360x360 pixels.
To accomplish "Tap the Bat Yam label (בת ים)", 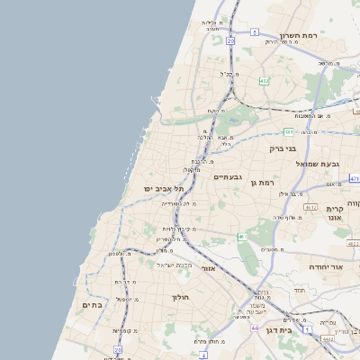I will [94, 305].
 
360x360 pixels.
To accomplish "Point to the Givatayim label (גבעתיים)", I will [229, 177].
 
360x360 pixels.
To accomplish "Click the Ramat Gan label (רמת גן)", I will [262, 182].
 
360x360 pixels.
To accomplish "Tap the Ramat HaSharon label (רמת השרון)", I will [301, 37].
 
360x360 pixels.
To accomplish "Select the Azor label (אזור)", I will [209, 268].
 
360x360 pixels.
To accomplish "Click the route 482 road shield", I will [264, 81].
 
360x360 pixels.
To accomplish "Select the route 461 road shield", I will [241, 237].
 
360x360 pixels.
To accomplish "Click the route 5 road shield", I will [255, 32].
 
